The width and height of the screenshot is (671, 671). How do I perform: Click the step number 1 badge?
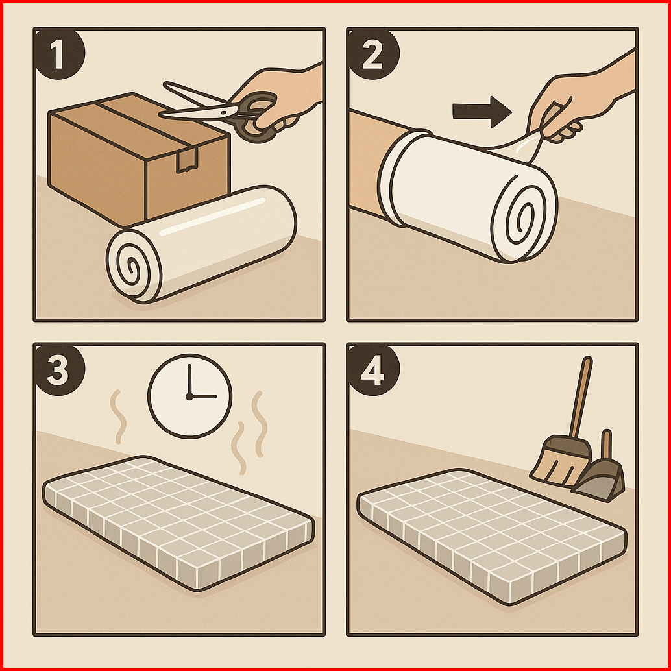tap(59, 54)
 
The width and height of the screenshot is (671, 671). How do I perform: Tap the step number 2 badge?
tap(373, 54)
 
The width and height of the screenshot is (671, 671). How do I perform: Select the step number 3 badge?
tap(59, 370)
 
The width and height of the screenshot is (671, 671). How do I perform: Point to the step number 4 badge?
tap(373, 370)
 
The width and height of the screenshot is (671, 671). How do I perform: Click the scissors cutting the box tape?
tap(223, 112)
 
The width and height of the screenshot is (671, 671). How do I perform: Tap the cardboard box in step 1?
tap(139, 158)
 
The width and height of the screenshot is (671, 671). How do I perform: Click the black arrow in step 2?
tap(482, 112)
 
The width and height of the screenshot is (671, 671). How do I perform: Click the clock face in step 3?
tap(190, 396)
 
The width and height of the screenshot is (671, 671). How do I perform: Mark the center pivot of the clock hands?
tap(189, 396)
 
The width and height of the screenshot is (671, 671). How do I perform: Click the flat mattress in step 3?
tap(179, 523)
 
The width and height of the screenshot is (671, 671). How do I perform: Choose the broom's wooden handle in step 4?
tap(581, 397)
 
